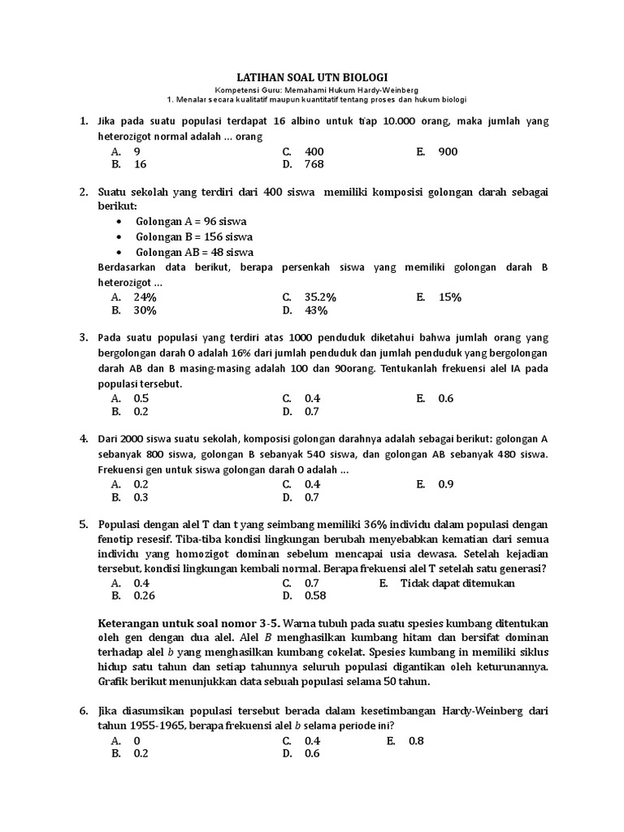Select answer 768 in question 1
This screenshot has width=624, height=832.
click(314, 164)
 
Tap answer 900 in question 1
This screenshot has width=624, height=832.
click(448, 151)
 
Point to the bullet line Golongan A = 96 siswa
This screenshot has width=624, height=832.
click(192, 221)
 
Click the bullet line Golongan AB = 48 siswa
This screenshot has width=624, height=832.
click(195, 252)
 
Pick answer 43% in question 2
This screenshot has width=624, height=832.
click(316, 310)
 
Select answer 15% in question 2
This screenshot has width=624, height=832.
click(449, 297)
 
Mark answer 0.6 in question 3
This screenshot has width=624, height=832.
click(446, 398)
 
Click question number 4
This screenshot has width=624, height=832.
click(84, 439)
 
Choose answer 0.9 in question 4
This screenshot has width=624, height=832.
click(446, 484)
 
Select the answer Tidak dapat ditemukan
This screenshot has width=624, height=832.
click(458, 583)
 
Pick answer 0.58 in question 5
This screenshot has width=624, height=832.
click(315, 596)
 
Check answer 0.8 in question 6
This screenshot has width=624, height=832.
click(417, 740)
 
